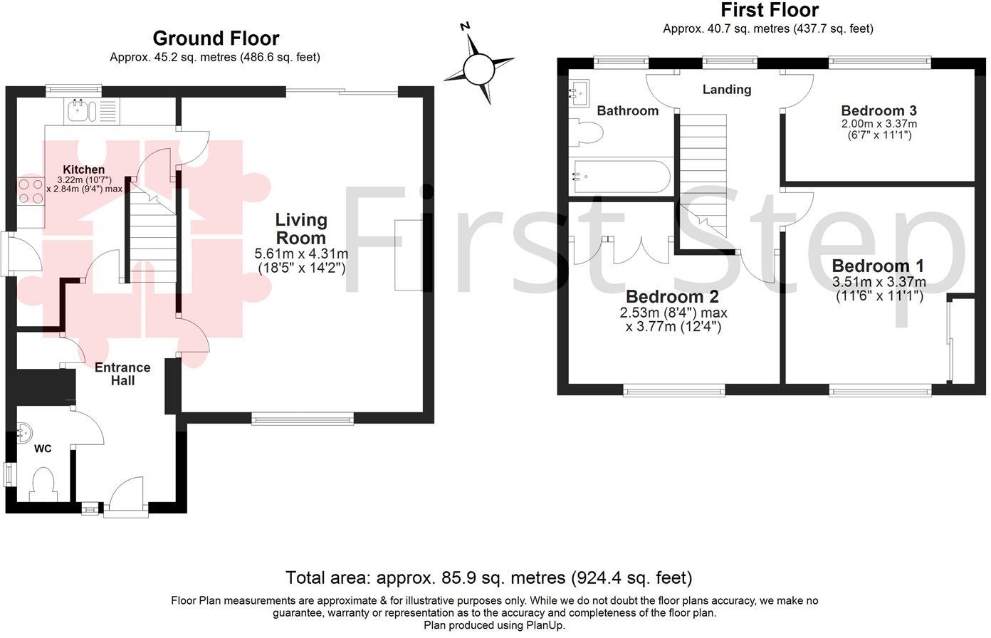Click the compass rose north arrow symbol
coord(478,68)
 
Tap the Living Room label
coord(301,229)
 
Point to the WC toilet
coord(44,484)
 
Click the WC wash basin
coord(23,432)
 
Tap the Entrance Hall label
coord(122,374)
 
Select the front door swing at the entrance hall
coord(128,494)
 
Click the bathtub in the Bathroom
coord(619,177)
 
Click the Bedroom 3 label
coord(879,110)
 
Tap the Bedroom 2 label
coord(672,296)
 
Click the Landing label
coord(726,90)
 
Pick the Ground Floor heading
coord(216,38)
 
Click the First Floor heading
coord(770,10)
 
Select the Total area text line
coord(488,577)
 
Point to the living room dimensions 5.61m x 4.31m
coord(301,261)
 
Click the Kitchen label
coord(85,169)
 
